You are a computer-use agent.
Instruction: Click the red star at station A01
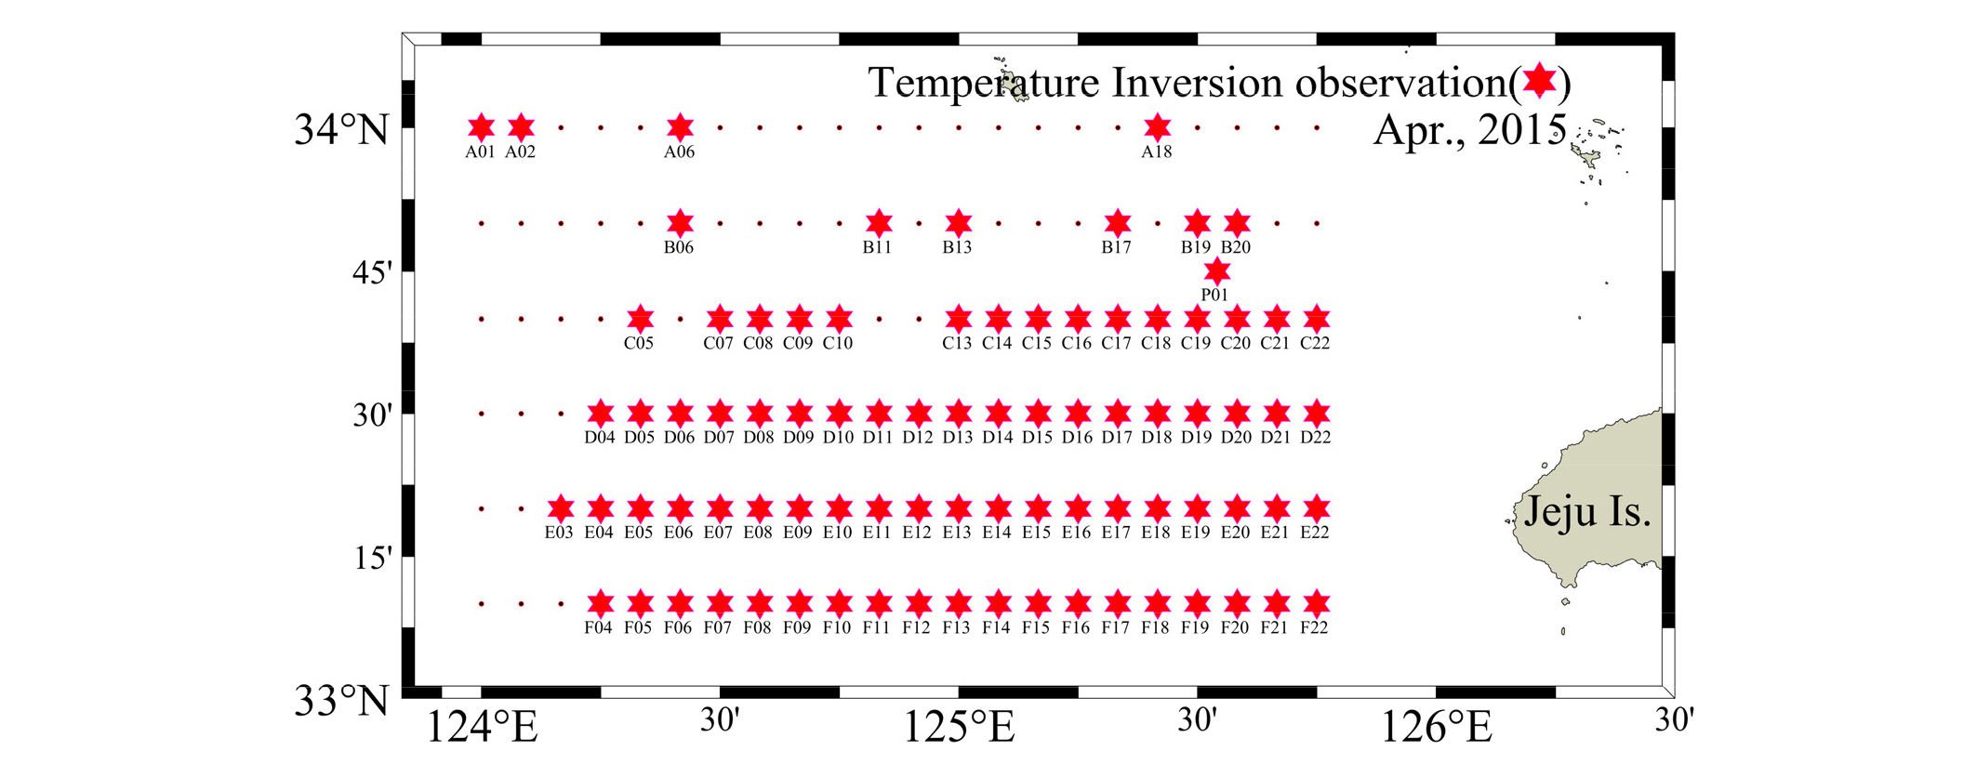(481, 127)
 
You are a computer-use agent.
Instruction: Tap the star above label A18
(1157, 127)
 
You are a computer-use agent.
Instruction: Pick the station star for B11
(879, 223)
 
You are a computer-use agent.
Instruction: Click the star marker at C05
(640, 319)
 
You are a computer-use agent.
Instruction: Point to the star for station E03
(560, 508)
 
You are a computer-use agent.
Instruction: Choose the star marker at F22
(1316, 603)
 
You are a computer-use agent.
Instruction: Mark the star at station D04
(601, 414)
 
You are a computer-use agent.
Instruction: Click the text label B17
(1116, 247)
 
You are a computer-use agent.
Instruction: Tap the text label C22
(1315, 343)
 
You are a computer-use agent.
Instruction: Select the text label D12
(917, 438)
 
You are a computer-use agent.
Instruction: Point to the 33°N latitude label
(341, 701)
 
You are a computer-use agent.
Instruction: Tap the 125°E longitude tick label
(959, 727)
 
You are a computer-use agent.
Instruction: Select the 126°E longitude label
(1437, 727)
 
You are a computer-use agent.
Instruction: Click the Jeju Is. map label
(1587, 512)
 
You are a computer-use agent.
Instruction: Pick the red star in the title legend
(1540, 81)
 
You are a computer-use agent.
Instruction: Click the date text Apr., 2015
(1469, 129)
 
